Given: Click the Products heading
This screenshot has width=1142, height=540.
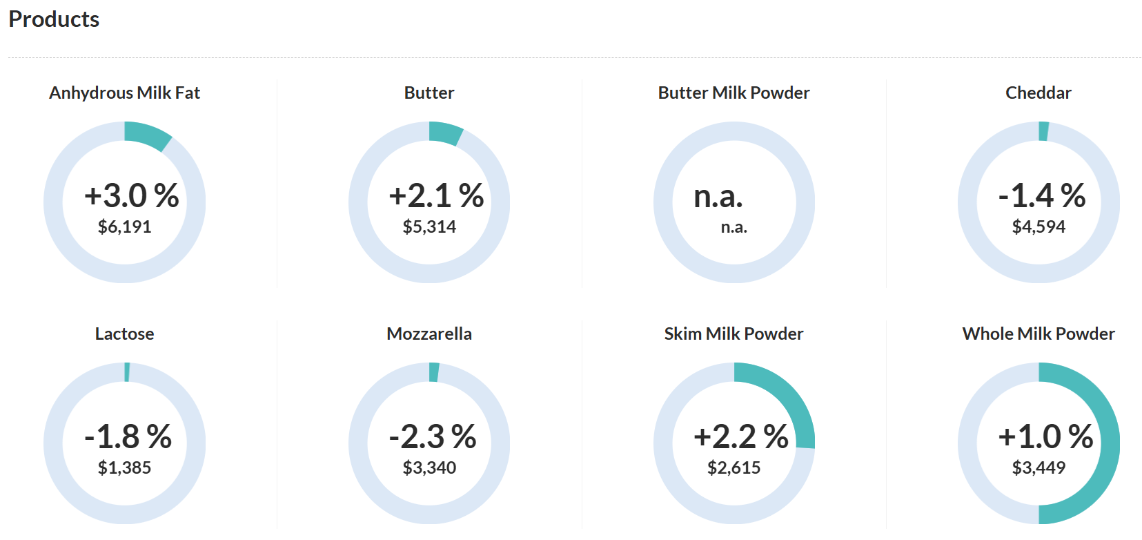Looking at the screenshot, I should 54,19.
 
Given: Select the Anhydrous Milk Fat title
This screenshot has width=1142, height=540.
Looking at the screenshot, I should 124,93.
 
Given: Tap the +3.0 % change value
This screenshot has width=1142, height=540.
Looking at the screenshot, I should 131,195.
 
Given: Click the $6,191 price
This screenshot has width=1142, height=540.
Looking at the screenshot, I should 124,226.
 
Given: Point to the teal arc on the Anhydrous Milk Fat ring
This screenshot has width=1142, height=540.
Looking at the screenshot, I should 147,135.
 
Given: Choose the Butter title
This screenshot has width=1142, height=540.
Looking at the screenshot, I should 429,93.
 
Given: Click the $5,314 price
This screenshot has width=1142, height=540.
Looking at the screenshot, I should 429,226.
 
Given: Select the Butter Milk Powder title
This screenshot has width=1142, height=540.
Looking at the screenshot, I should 734,93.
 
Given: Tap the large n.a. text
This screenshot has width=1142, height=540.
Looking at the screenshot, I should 718,197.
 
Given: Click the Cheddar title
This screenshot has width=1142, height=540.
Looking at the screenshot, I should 1038,93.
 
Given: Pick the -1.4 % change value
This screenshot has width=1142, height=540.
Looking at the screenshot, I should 1041,195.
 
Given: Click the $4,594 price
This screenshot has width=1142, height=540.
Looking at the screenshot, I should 1038,226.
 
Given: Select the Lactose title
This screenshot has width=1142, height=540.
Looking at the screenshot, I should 124,334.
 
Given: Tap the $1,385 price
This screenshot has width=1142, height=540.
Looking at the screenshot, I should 124,467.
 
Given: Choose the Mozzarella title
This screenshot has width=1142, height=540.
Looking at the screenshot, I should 429,334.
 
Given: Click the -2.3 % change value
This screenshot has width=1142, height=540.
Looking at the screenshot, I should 432,436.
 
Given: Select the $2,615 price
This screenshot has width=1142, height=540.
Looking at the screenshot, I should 734,467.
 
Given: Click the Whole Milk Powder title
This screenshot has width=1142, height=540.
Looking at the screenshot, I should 1038,334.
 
